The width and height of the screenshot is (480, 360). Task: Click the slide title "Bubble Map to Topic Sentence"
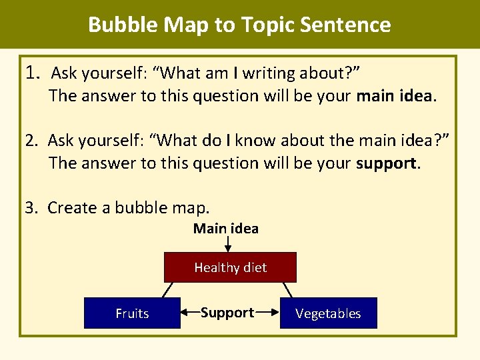[239, 25]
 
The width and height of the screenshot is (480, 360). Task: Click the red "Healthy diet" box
[230, 267]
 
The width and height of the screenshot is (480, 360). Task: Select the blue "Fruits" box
[132, 313]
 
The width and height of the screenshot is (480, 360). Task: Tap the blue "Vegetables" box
[328, 313]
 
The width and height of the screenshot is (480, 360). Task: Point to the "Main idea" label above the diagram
[226, 229]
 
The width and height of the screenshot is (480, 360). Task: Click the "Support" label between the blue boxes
[227, 313]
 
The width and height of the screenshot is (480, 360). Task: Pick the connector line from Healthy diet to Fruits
[168, 290]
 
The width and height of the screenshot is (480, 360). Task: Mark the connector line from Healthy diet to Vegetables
[287, 290]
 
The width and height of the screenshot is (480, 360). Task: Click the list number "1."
[34, 71]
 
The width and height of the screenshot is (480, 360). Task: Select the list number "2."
[33, 140]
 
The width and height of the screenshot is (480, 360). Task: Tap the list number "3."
[33, 207]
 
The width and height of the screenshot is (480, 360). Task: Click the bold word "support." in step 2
[389, 163]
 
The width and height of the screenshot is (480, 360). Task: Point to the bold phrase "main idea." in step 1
[397, 95]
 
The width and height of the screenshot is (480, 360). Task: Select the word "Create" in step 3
[71, 207]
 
